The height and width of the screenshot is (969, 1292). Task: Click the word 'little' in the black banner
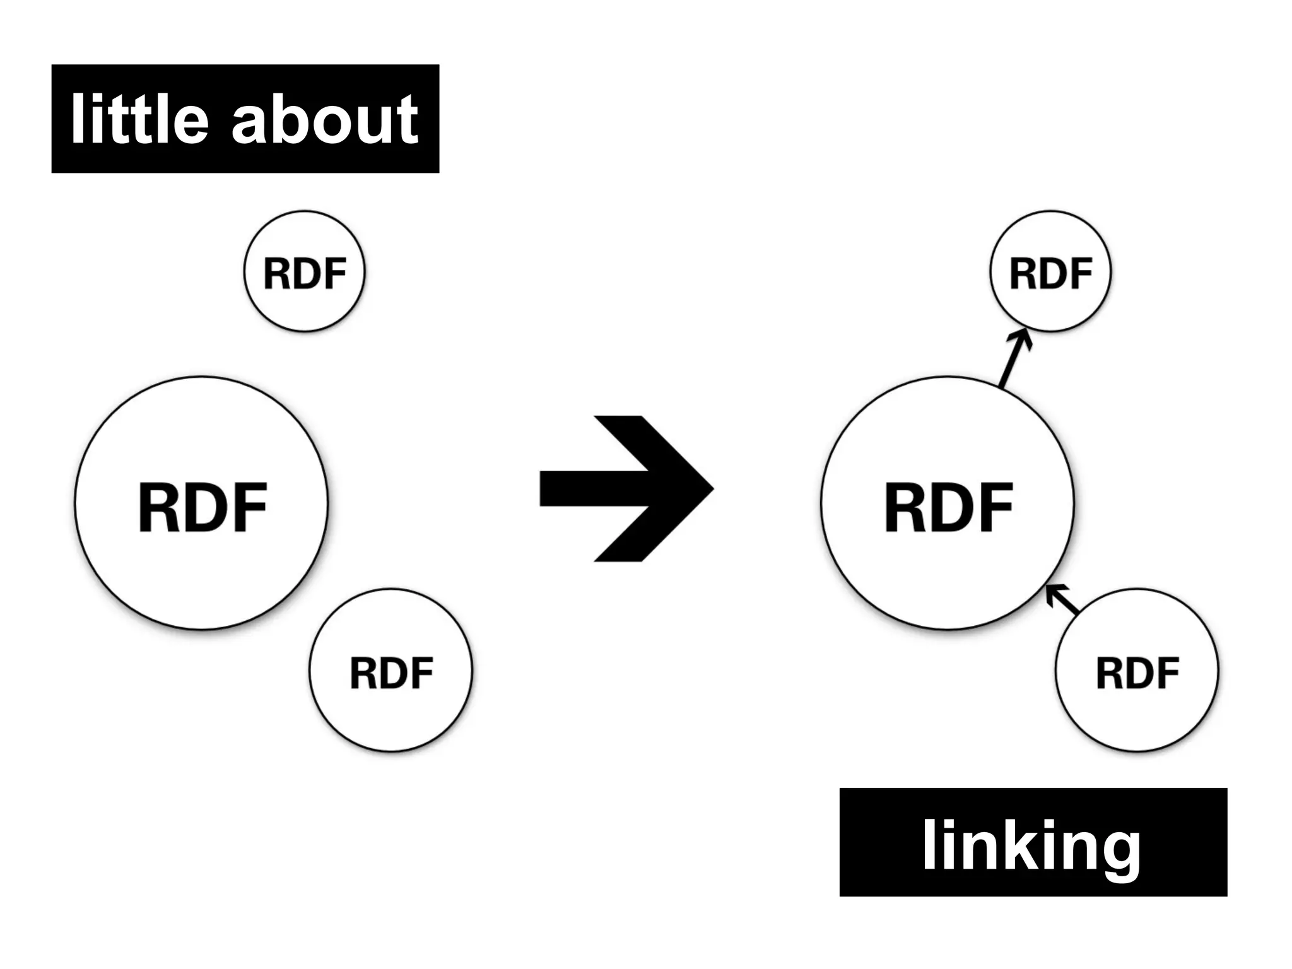click(139, 119)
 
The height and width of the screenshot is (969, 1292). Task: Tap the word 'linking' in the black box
click(1031, 845)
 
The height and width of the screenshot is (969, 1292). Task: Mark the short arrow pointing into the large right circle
click(1062, 599)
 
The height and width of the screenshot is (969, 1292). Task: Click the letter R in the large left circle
click(158, 508)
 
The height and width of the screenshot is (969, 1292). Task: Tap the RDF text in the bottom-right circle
click(1137, 672)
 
